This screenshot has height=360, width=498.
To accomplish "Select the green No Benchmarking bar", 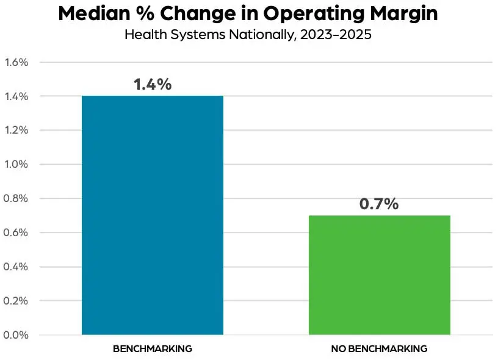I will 379,275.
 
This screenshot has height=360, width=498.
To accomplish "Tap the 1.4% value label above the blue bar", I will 153,84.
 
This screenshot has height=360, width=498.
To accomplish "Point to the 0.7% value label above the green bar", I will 379,204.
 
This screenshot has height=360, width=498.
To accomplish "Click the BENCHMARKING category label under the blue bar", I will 153,349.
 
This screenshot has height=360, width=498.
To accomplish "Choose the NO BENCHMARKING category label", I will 379,349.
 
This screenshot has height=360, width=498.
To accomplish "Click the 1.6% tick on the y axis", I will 16,62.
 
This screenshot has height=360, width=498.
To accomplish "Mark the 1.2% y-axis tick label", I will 16,130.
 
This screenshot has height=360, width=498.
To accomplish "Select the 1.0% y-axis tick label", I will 16,164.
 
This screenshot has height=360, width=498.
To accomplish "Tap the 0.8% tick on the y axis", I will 16,198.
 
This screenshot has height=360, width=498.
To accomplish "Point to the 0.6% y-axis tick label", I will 16,232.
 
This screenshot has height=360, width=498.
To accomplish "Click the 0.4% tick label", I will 16,267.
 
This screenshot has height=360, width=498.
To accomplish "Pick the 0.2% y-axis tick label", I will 16,301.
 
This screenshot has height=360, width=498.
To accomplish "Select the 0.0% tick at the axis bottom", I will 16,335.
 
